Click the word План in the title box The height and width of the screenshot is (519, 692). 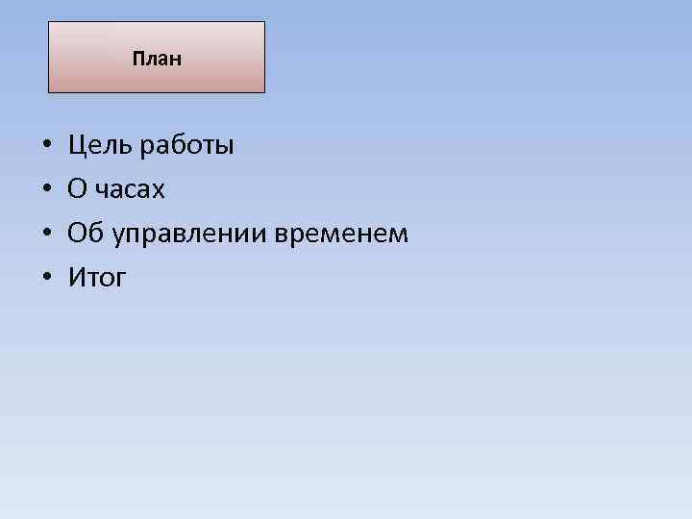coord(157,60)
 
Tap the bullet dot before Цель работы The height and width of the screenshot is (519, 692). coord(46,147)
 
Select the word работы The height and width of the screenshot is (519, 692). coord(186,147)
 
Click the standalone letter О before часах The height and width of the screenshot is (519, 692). coord(77,190)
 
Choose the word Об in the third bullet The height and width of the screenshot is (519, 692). coord(83,234)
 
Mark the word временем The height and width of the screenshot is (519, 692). coord(343,235)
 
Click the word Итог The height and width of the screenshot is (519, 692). coord(97,279)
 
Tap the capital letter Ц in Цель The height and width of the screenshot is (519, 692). coord(77,146)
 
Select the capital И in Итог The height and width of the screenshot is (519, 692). coord(77,279)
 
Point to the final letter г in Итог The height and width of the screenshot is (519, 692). coord(120,281)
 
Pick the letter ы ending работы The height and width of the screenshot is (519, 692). coord(224,148)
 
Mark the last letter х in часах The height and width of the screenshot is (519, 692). coord(159,192)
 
